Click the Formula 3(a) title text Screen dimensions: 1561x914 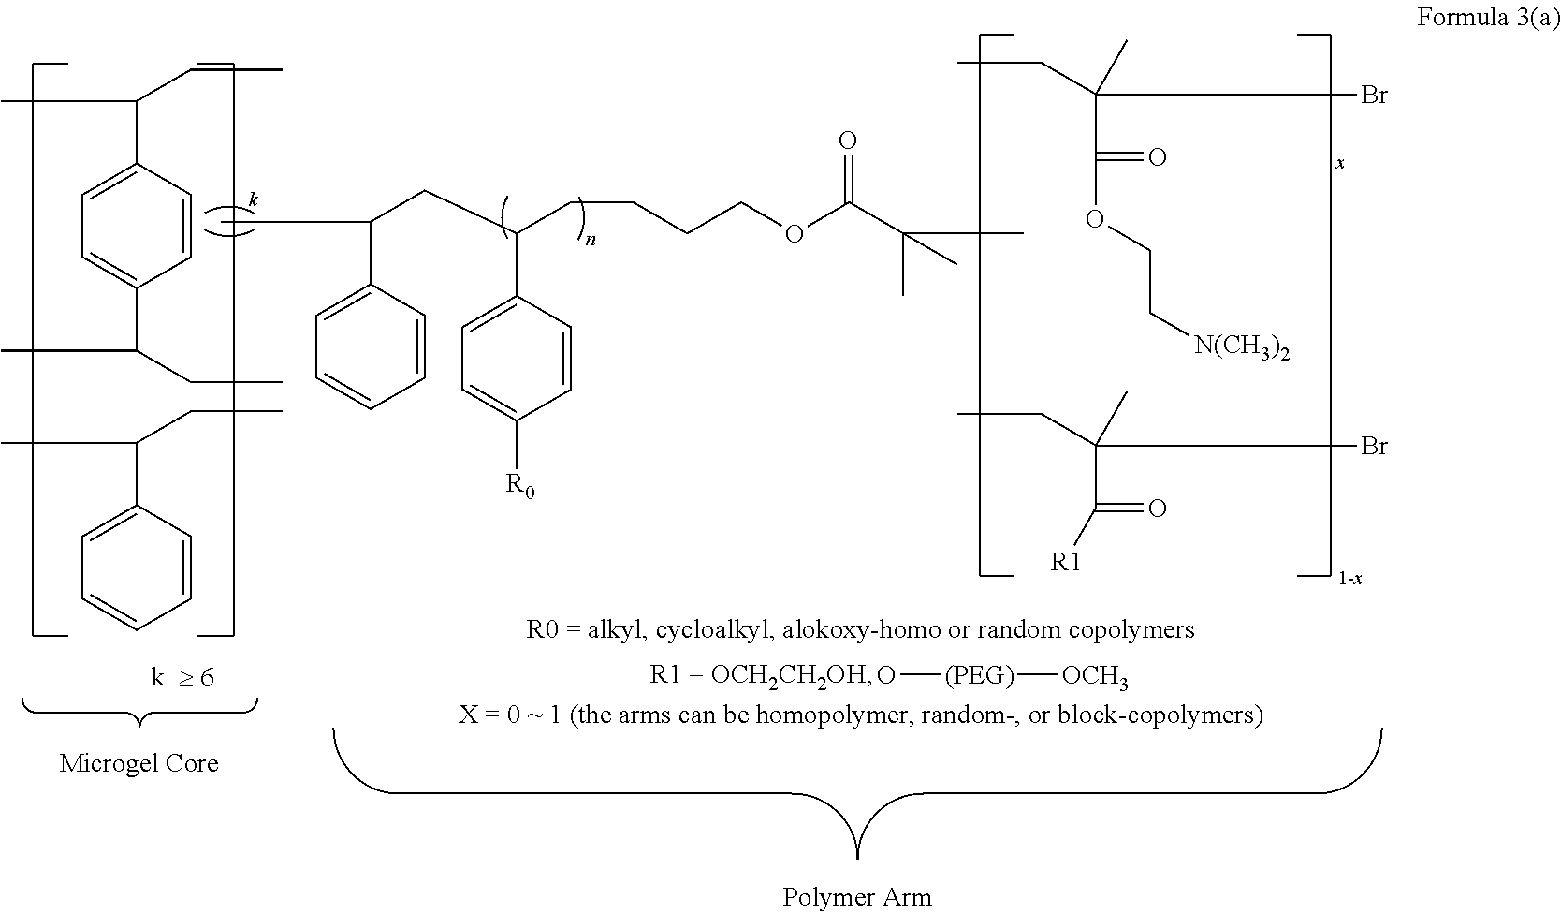click(1488, 18)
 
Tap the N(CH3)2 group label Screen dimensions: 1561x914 click(1242, 346)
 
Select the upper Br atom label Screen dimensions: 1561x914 click(1374, 95)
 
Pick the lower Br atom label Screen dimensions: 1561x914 click(1374, 446)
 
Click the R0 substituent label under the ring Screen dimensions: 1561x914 click(520, 484)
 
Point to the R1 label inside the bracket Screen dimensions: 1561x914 click(1066, 562)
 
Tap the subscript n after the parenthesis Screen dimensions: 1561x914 click(591, 241)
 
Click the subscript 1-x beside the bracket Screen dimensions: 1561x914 click(1349, 578)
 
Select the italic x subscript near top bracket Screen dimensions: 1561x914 click(1339, 163)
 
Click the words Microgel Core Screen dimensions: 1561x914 click(139, 762)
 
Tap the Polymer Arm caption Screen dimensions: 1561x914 click(856, 896)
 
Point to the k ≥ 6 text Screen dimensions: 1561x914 click(182, 677)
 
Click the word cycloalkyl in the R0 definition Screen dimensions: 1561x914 click(713, 630)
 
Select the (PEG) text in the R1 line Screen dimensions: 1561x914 click(979, 675)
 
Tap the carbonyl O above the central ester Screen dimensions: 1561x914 click(847, 140)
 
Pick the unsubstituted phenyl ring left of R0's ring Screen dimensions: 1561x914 click(370, 346)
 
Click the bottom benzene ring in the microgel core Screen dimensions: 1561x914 click(137, 568)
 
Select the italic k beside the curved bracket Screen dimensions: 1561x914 click(253, 200)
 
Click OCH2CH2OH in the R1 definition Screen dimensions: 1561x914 click(790, 675)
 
